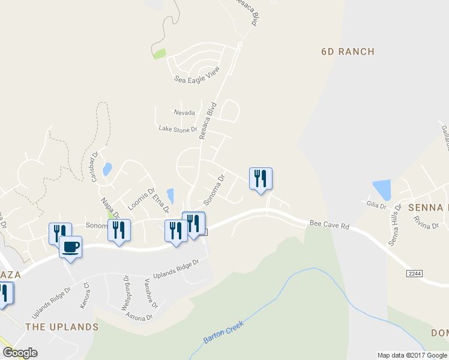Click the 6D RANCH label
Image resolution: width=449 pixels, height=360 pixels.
tap(348, 52)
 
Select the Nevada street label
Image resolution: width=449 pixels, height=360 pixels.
tap(184, 113)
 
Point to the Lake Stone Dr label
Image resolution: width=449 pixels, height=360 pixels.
tap(178, 129)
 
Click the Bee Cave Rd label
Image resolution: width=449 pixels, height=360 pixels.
tap(329, 224)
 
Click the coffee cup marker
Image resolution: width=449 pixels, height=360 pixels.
tap(70, 247)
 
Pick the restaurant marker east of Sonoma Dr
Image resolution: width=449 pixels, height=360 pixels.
tap(261, 178)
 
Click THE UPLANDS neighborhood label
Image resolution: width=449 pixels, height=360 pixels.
tap(62, 327)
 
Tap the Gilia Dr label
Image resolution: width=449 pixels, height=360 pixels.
tap(376, 205)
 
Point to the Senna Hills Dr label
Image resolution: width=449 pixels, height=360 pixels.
tap(394, 225)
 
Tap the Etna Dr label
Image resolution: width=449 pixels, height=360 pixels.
tap(160, 201)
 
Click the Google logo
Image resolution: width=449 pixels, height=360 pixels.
tap(20, 353)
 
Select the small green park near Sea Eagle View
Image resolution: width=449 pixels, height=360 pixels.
tap(160, 54)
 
